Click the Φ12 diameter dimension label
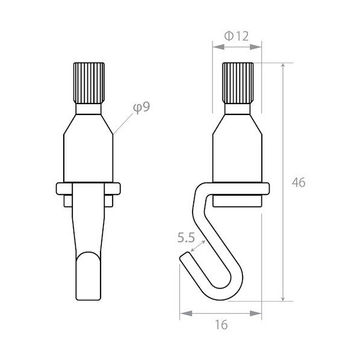point(237,36)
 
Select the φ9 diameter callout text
point(141,107)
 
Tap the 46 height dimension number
point(297,182)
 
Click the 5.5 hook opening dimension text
point(185,238)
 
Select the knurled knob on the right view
point(238,82)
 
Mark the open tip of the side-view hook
point(185,258)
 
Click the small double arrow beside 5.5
point(200,244)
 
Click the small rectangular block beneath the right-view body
point(238,200)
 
